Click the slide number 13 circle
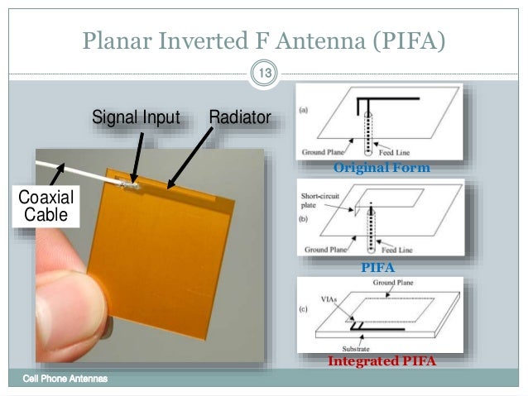pos(264,76)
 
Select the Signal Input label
pos(136,117)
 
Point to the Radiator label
pos(239,117)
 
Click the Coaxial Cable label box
pos(46,207)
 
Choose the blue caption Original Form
pos(382,168)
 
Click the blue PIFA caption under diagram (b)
pos(378,268)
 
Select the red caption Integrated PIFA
pos(382,361)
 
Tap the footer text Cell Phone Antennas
pos(65,379)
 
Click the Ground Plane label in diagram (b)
pos(325,248)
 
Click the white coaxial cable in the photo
pos(91,173)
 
